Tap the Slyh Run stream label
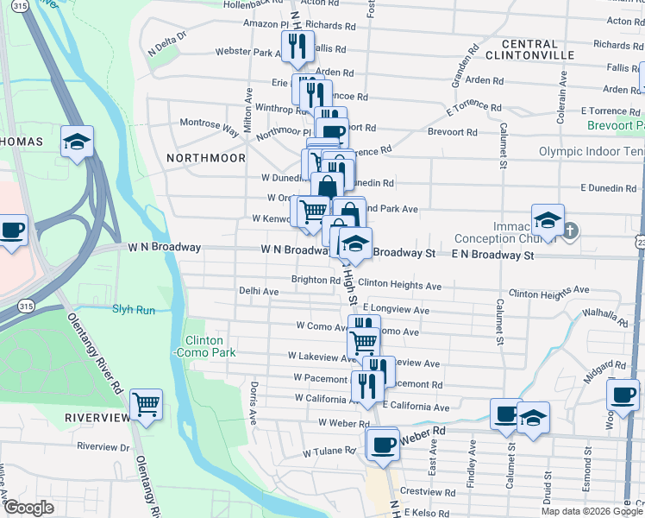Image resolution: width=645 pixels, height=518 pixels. [134, 308]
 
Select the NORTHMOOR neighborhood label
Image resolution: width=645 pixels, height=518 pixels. [205, 158]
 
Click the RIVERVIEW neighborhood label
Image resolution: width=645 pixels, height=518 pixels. [97, 417]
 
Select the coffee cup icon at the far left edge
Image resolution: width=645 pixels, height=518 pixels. [11, 231]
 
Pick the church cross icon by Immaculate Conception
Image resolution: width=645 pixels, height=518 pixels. [570, 231]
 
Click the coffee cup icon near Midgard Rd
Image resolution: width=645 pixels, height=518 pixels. [623, 395]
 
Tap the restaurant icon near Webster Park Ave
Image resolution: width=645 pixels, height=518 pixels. [297, 47]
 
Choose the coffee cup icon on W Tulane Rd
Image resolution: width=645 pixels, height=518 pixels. [382, 444]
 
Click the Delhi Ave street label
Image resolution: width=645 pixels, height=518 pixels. [259, 292]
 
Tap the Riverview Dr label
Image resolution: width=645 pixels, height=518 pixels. [103, 446]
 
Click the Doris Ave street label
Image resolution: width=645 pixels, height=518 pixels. [254, 403]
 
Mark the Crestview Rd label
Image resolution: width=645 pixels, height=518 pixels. [421, 490]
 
